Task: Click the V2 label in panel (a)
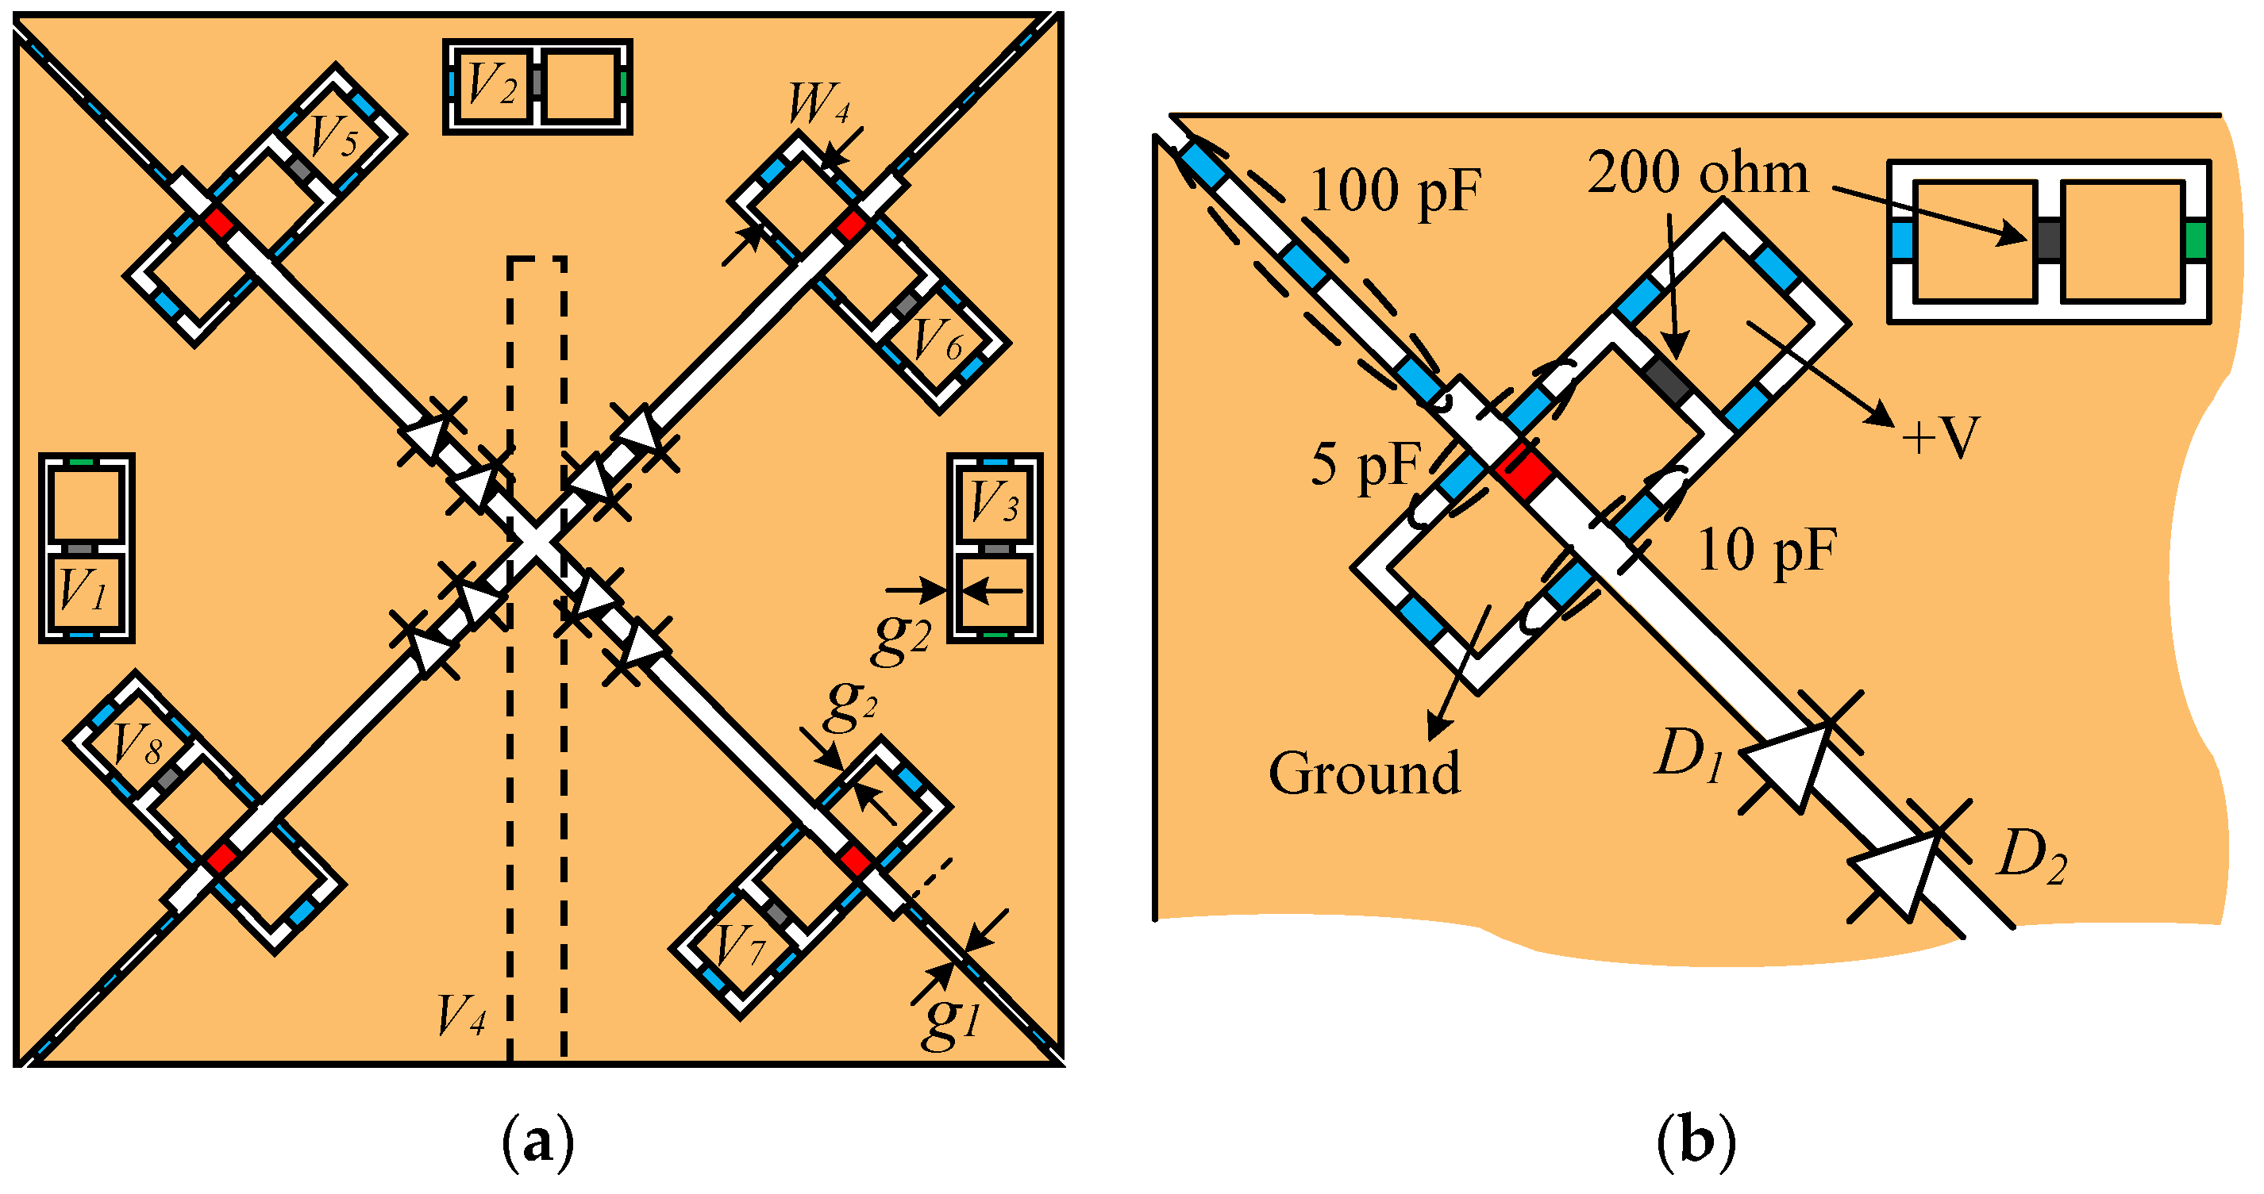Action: click(492, 85)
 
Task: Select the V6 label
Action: click(938, 341)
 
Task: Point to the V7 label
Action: click(740, 947)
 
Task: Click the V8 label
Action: click(137, 745)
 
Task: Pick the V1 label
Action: click(83, 589)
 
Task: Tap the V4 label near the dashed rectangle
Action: click(461, 1017)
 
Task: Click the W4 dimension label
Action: click(818, 105)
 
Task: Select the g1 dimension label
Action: click(951, 1021)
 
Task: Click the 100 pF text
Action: click(1395, 190)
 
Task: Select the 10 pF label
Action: click(1766, 551)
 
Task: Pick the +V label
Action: click(1939, 436)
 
